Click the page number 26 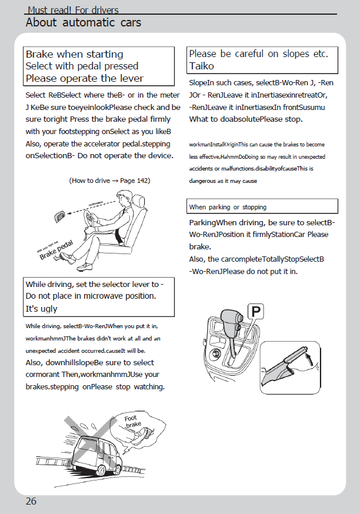[x=31, y=501]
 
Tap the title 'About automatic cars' [x=83, y=23]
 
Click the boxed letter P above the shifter [x=256, y=312]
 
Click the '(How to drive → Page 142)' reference [x=109, y=181]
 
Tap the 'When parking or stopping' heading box [x=228, y=207]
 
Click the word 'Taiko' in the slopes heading [x=202, y=66]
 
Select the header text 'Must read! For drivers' [x=73, y=10]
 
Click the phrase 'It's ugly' [x=42, y=308]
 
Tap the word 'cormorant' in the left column [x=45, y=374]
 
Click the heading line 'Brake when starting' [x=75, y=54]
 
